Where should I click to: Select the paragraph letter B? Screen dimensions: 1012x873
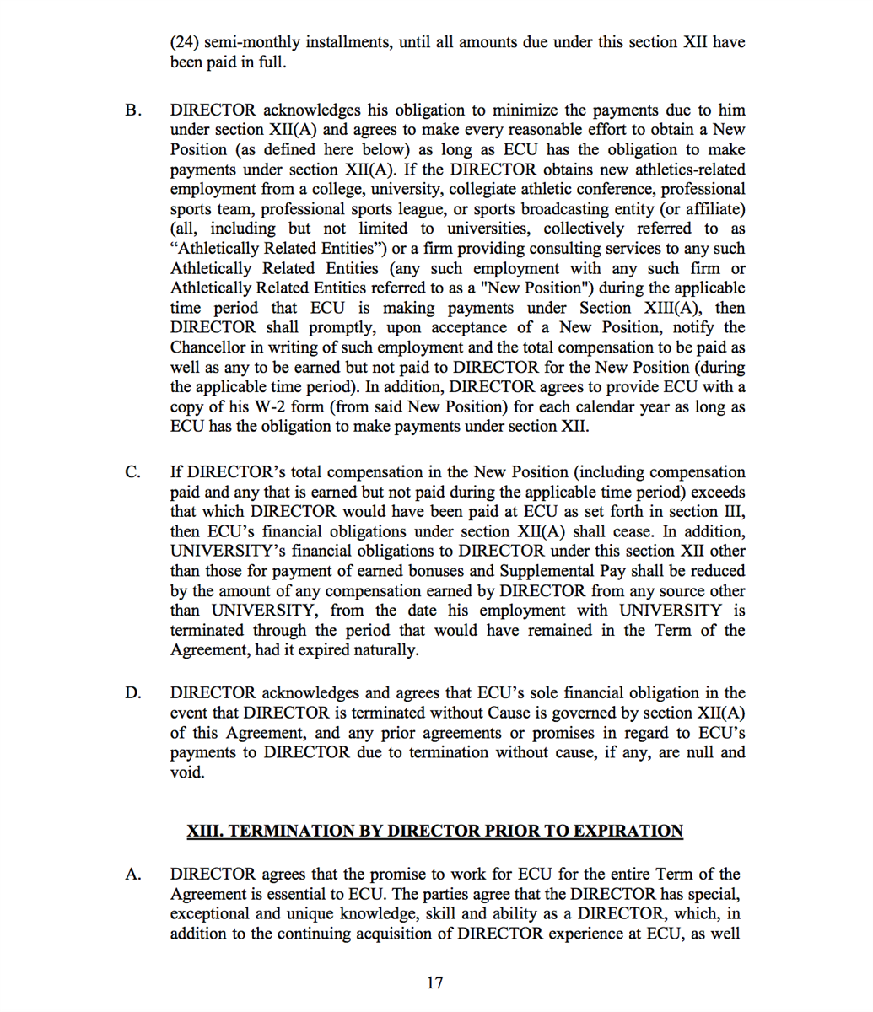[131, 110]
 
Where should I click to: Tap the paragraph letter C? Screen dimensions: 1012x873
[132, 472]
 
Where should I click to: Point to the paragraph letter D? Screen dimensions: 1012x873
[132, 693]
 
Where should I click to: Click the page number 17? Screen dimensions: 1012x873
[435, 982]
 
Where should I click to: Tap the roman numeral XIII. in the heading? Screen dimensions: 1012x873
[205, 832]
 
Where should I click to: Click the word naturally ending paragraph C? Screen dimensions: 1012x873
[385, 650]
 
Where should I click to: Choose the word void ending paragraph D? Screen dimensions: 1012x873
[186, 772]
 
